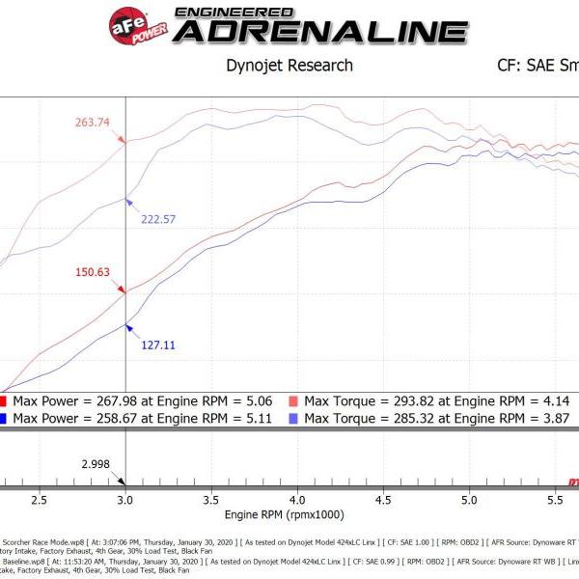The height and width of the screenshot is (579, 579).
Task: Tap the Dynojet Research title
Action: click(x=289, y=67)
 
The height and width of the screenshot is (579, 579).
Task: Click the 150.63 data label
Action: click(x=96, y=272)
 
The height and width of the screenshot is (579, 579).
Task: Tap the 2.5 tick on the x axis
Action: click(x=40, y=501)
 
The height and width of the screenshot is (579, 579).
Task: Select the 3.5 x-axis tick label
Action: click(x=211, y=501)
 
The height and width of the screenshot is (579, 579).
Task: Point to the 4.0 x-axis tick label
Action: click(x=297, y=501)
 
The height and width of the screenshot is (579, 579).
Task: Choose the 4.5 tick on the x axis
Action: click(x=383, y=501)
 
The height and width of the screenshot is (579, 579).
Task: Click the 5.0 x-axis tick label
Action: click(x=469, y=501)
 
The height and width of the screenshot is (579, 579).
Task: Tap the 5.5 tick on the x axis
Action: click(x=555, y=501)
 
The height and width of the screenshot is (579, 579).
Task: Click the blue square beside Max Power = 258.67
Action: click(x=4, y=418)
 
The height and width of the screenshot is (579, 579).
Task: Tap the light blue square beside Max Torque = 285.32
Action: click(x=293, y=418)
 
